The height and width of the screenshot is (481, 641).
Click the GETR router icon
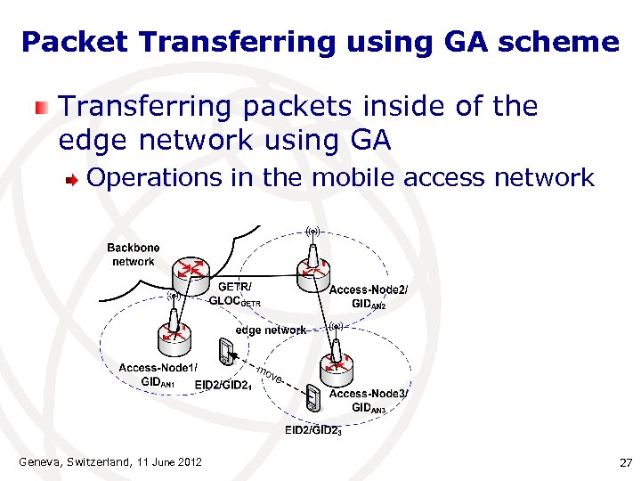click(191, 271)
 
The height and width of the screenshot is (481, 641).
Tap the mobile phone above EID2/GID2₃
click(312, 399)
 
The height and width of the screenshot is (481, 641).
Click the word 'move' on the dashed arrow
click(270, 375)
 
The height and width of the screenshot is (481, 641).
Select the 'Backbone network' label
click(134, 255)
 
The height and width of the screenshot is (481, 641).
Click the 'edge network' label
click(271, 330)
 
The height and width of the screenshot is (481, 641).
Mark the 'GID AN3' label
click(369, 408)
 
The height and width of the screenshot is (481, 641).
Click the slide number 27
click(624, 462)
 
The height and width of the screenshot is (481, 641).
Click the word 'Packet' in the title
click(65, 41)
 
